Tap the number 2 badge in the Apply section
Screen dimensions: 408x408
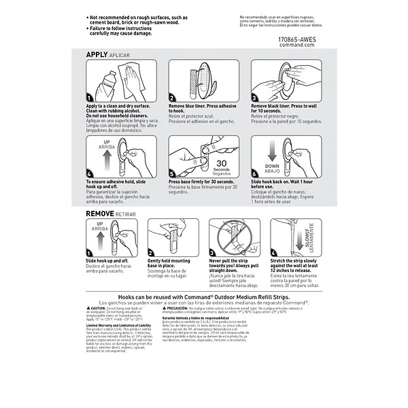click(x=173, y=98)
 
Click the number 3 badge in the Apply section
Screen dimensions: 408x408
click(x=255, y=98)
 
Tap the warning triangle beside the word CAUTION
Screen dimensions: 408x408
click(x=88, y=308)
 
